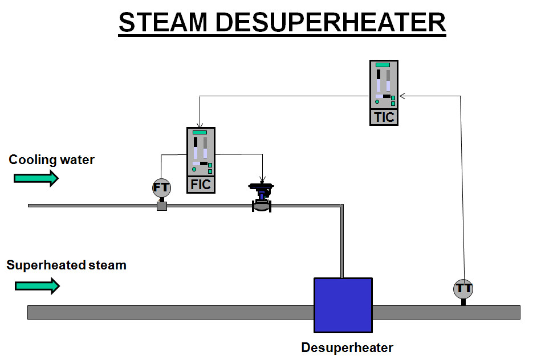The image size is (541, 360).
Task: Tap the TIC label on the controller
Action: pos(384,117)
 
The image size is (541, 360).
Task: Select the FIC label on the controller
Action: pos(201,185)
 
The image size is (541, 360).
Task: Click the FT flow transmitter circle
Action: pos(161,187)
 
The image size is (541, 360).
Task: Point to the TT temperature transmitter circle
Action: pos(463,288)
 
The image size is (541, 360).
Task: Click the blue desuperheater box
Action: pos(343,305)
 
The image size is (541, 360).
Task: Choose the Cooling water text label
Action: pos(51,159)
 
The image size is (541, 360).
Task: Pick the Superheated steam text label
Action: pos(66,265)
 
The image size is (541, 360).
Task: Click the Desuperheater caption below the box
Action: pos(347,347)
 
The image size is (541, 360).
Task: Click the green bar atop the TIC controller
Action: pos(383,65)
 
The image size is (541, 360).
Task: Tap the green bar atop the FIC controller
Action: pos(200,132)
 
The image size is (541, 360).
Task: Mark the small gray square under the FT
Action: pos(161,206)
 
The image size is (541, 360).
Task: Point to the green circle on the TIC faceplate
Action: pos(377,102)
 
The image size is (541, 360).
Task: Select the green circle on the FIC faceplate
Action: pos(194,169)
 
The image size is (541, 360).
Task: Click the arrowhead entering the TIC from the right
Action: pos(402,96)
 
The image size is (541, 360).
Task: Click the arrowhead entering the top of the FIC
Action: pos(200,125)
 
